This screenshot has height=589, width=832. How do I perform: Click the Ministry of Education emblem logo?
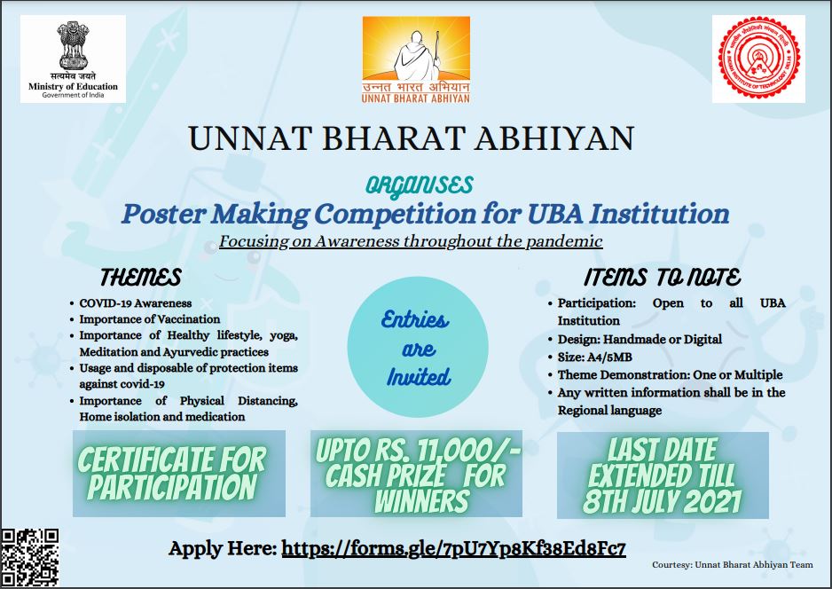[x=74, y=59]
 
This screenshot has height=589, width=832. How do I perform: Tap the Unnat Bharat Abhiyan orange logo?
[x=416, y=59]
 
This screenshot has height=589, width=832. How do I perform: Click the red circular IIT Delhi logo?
[x=758, y=58]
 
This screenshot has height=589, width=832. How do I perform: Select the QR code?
[x=30, y=558]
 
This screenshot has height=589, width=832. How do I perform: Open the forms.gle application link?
[x=453, y=548]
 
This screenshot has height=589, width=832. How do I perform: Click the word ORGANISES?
[x=420, y=185]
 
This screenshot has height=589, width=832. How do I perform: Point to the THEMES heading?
[x=141, y=277]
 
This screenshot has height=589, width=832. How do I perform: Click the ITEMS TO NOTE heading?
[x=663, y=277]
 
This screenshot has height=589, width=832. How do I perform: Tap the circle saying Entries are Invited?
[x=418, y=347]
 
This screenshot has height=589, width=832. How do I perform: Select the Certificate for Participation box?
[x=179, y=474]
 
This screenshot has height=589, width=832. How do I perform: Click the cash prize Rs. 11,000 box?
[x=417, y=474]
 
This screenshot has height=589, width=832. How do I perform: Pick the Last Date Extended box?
[x=663, y=475]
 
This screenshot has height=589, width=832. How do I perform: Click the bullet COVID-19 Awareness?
[x=136, y=303]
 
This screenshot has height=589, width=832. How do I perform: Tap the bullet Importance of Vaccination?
[x=150, y=319]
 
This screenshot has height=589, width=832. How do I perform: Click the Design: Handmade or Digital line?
[x=640, y=339]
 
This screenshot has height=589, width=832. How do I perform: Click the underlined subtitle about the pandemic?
[x=411, y=241]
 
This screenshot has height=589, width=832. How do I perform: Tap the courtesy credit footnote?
[x=733, y=564]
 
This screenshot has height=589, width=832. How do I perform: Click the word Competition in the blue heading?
[x=395, y=214]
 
